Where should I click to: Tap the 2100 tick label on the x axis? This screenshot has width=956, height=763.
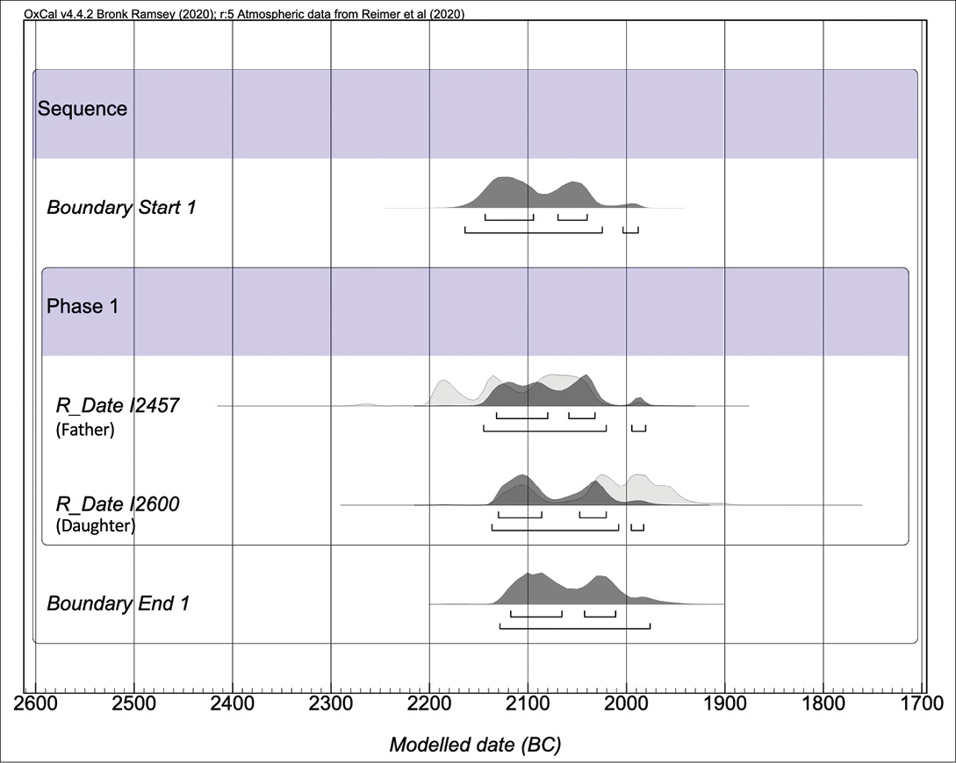pos(528,703)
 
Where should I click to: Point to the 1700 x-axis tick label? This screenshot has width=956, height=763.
pos(922,703)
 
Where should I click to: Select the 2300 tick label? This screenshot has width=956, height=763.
pos(331,703)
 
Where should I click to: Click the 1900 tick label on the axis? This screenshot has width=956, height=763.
pos(725,703)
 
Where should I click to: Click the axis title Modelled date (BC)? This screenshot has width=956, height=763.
pos(475,745)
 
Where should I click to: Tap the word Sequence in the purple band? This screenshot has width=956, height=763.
pos(82,109)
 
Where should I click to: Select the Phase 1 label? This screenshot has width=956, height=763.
pos(82,307)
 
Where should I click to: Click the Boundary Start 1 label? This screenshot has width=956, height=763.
pos(121,208)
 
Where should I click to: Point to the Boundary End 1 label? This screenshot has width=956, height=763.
pos(118,603)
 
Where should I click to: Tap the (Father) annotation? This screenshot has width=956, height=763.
pos(85,431)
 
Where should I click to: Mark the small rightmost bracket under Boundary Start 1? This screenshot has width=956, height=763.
pos(630,230)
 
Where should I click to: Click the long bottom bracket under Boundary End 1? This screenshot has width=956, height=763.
pos(575,626)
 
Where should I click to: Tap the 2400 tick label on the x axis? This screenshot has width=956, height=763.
pos(232,703)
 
